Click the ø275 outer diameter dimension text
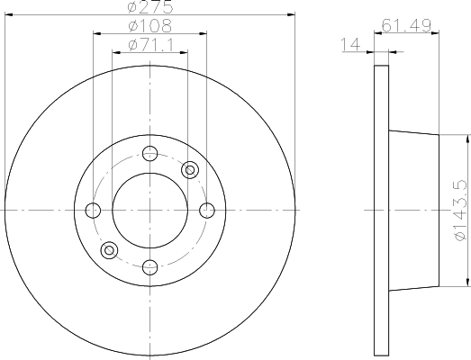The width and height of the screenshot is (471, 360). coord(149,7)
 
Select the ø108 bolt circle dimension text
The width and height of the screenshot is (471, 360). coord(149,26)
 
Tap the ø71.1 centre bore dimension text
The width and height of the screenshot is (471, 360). coord(149,44)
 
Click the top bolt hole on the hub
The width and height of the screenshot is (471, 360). coord(149,154)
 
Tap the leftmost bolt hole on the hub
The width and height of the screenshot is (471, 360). coord(93,211)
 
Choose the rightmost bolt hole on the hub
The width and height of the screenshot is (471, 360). coord(206,211)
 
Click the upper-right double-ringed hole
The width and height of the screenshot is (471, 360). coord(189,169)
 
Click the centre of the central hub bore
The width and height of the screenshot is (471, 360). coord(149,211)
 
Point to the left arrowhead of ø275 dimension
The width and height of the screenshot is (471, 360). coord(7,14)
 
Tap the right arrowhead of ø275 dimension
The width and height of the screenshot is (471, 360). coord(291,14)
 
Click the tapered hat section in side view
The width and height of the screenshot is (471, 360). coord(414,211)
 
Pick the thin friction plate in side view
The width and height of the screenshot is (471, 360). coord(381,211)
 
